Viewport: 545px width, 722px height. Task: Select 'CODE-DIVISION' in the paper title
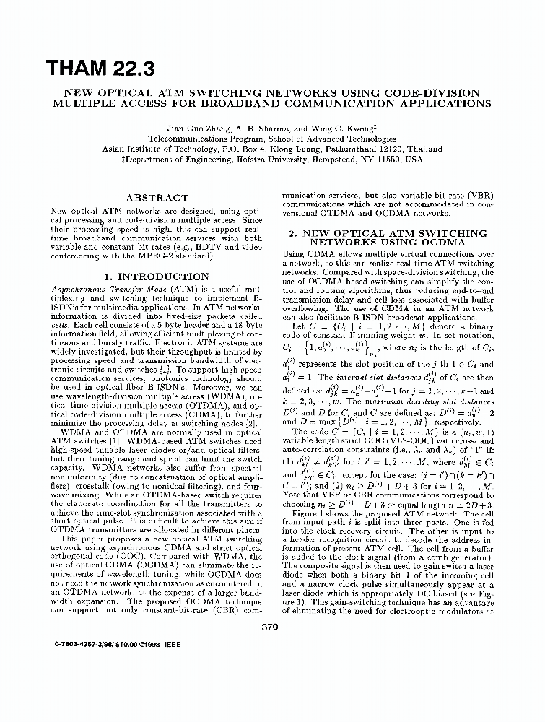coord(440,93)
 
